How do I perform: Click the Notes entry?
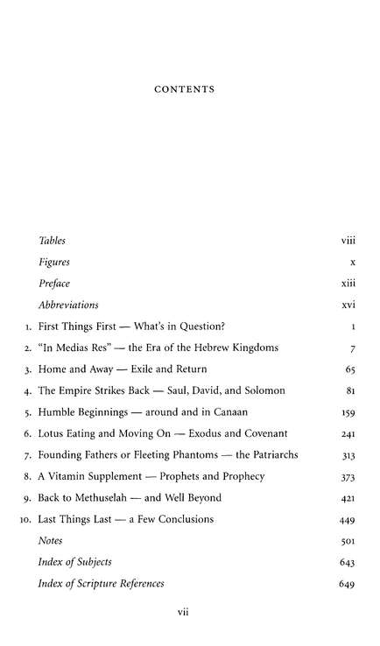point(52,541)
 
